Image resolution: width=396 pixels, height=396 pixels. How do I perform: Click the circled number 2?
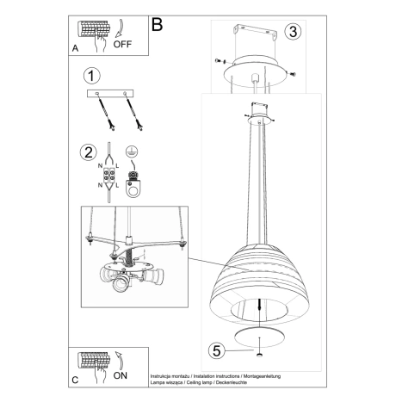pyautogui.click(x=87, y=154)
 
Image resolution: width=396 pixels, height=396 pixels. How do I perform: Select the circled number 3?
pyautogui.click(x=294, y=33)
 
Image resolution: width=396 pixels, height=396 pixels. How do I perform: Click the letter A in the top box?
pyautogui.click(x=75, y=48)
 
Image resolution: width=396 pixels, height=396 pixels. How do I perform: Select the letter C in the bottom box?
pyautogui.click(x=75, y=379)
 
